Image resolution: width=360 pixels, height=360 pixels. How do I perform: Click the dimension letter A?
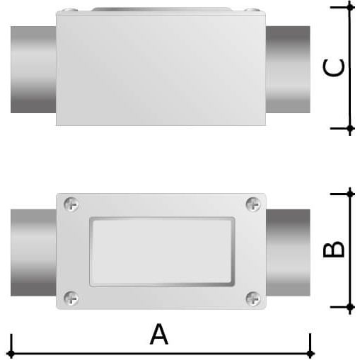coord(159,335)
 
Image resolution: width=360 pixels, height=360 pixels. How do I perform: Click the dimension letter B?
coord(333,249)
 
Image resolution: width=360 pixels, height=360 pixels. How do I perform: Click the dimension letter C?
coord(334,68)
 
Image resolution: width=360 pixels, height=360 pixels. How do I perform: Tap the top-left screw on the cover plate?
coord(71,204)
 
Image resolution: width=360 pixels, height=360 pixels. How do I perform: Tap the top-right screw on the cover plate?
coord(253,204)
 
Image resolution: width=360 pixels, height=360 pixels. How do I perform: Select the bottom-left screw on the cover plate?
coord(71,298)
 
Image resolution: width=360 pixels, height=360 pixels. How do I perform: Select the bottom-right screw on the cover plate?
coord(253,298)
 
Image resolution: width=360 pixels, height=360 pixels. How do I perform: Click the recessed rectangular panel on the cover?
coord(162,252)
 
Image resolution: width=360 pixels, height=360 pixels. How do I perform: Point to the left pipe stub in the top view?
coord(33,69)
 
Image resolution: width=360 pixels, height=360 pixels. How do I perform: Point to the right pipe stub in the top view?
coord(288,69)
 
